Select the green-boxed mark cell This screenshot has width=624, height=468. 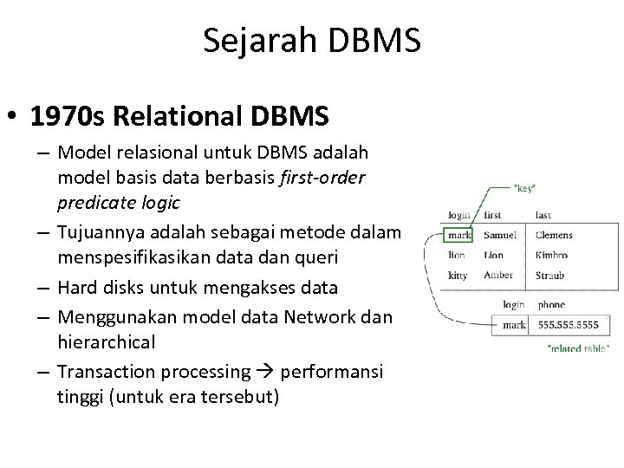click(458, 235)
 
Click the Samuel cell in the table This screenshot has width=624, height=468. click(500, 235)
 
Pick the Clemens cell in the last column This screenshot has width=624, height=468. click(554, 235)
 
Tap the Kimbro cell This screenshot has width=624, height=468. click(552, 256)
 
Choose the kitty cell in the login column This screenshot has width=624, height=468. click(458, 276)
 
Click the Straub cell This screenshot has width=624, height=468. click(549, 276)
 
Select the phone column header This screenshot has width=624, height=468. click(550, 305)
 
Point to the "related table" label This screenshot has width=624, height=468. click(556, 348)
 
